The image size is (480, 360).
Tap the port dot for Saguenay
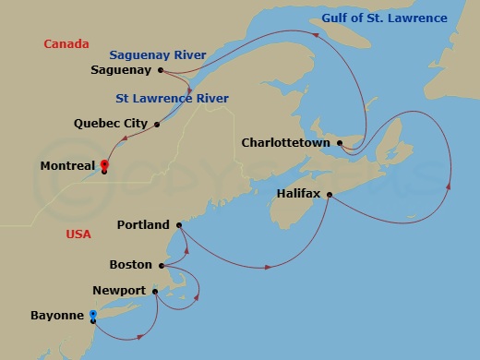pyautogui.click(x=161, y=69)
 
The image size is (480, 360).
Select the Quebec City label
pyautogui.click(x=112, y=123)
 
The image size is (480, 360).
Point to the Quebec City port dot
pyautogui.click(x=158, y=123)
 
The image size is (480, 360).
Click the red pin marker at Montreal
pyautogui.click(x=104, y=164)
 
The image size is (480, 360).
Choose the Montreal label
pyautogui.click(x=68, y=166)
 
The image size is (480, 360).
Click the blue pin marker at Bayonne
pyautogui.click(x=93, y=316)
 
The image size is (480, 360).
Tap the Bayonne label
pyautogui.click(x=58, y=317)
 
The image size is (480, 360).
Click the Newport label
pyautogui.click(x=120, y=291)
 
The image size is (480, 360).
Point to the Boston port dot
pyautogui.click(x=162, y=266)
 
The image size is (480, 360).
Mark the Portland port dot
pyautogui.click(x=179, y=224)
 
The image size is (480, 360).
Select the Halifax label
pyautogui.click(x=298, y=194)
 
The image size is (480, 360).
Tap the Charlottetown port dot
pyautogui.click(x=341, y=142)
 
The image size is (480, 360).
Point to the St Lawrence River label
pyautogui.click(x=173, y=98)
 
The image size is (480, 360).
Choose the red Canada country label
pyautogui.click(x=66, y=43)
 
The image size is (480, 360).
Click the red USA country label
pyautogui.click(x=78, y=234)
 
